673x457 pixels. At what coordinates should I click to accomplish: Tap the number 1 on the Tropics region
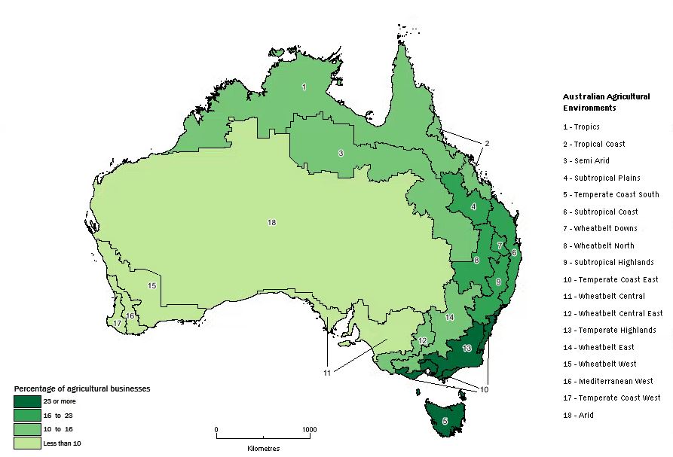click(x=304, y=87)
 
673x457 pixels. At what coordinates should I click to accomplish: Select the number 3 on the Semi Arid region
click(x=341, y=153)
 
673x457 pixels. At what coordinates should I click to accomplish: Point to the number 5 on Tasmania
click(x=445, y=422)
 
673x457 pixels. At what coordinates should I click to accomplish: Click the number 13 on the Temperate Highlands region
click(x=467, y=348)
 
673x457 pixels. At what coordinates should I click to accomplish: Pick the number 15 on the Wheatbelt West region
click(x=151, y=285)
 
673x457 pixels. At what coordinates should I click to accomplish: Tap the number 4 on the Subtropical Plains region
click(x=473, y=206)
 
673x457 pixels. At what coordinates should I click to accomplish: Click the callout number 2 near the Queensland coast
click(x=487, y=143)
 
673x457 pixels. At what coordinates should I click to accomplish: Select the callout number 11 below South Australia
click(x=327, y=373)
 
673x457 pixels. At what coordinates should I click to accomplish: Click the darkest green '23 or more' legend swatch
click(x=27, y=401)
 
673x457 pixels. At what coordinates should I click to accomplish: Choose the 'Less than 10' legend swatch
click(x=27, y=443)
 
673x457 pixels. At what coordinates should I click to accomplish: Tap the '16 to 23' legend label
click(x=59, y=415)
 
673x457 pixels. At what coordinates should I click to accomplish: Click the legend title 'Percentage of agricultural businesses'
click(x=82, y=388)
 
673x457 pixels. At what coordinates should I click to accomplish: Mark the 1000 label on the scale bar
click(x=309, y=430)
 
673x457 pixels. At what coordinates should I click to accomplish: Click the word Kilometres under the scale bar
click(x=263, y=448)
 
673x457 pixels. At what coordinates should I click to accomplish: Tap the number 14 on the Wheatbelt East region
click(x=449, y=318)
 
